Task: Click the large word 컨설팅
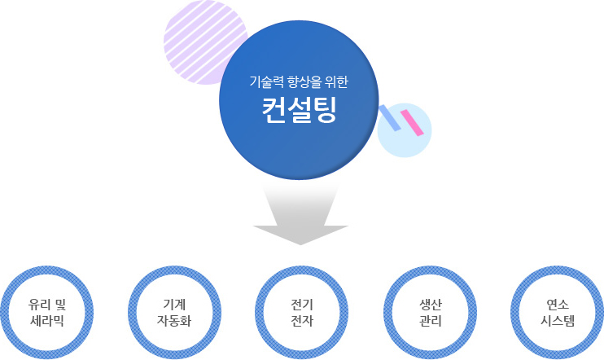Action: point(300,110)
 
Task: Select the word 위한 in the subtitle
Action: point(336,81)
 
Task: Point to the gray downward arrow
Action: point(300,215)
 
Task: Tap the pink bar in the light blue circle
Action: point(412,122)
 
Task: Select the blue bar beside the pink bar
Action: point(390,117)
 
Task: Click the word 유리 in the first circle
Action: point(39,305)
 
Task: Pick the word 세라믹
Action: point(47,321)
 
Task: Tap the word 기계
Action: point(174,305)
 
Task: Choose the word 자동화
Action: point(174,321)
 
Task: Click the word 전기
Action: point(302,305)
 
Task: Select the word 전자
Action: point(302,321)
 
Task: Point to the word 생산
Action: point(431,305)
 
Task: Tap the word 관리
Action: point(431,321)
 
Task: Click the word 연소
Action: point(558,305)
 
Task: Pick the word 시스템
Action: point(558,321)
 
